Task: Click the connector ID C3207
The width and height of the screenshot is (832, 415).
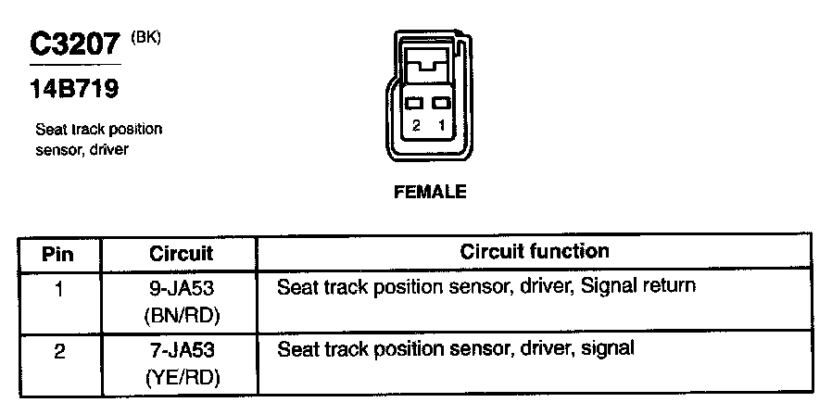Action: click(x=75, y=45)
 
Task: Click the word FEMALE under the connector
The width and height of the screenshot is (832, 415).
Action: click(x=430, y=194)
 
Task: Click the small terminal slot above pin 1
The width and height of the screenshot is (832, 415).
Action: click(x=442, y=103)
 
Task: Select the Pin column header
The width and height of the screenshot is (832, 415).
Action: click(x=58, y=253)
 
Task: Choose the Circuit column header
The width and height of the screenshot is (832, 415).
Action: click(x=181, y=253)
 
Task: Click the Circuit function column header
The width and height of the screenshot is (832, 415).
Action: click(x=535, y=251)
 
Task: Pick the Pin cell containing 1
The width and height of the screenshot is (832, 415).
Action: click(x=58, y=289)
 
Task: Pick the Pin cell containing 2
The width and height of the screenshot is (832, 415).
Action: click(x=58, y=352)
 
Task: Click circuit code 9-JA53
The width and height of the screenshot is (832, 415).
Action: click(x=182, y=288)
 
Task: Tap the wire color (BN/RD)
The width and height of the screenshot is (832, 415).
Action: click(x=182, y=315)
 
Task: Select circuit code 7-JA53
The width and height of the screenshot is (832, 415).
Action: click(x=182, y=351)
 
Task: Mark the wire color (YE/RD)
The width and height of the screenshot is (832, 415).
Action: click(x=182, y=378)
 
